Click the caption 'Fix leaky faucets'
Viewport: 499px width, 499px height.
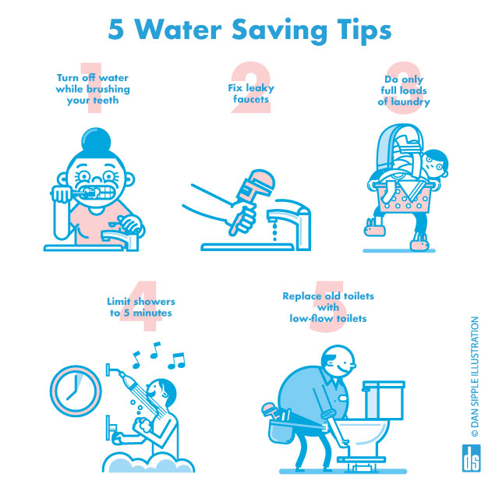[249, 94]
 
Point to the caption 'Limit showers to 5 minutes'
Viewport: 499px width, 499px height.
[141, 307]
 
